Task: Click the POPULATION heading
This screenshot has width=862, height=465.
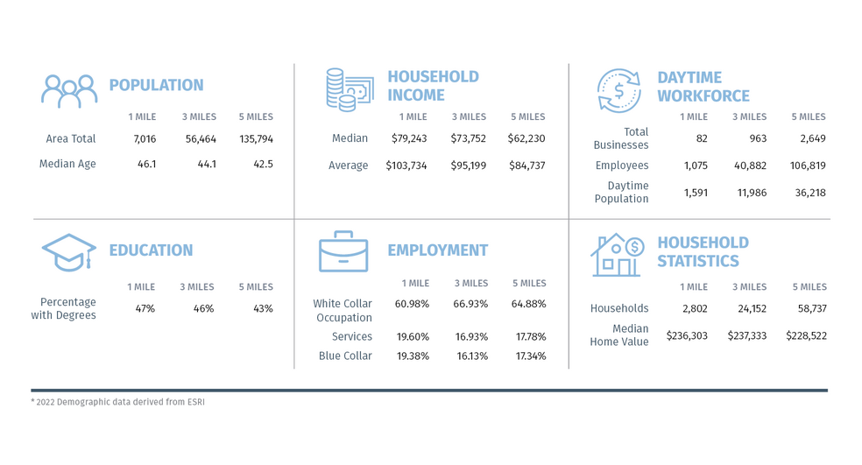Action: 156,85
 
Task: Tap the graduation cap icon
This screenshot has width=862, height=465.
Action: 68,252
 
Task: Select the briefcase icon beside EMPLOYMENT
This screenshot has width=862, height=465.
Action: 343,251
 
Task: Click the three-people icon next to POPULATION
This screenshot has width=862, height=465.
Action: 69,90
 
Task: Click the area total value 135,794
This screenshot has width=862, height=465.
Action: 256,138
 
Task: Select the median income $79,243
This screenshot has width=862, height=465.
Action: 406,138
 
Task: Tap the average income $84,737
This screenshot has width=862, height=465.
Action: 526,166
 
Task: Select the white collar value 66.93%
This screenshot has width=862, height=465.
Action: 471,304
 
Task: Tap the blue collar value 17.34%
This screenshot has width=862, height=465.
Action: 529,356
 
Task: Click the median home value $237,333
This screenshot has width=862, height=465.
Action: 748,335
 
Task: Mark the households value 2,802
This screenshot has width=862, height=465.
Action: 693,308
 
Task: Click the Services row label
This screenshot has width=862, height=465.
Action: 352,336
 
